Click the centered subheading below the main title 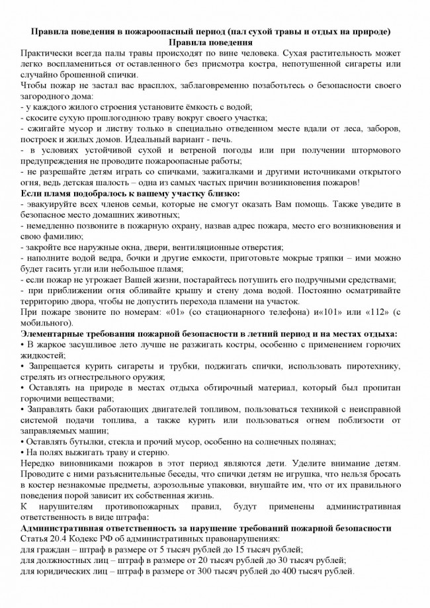[214, 42]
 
